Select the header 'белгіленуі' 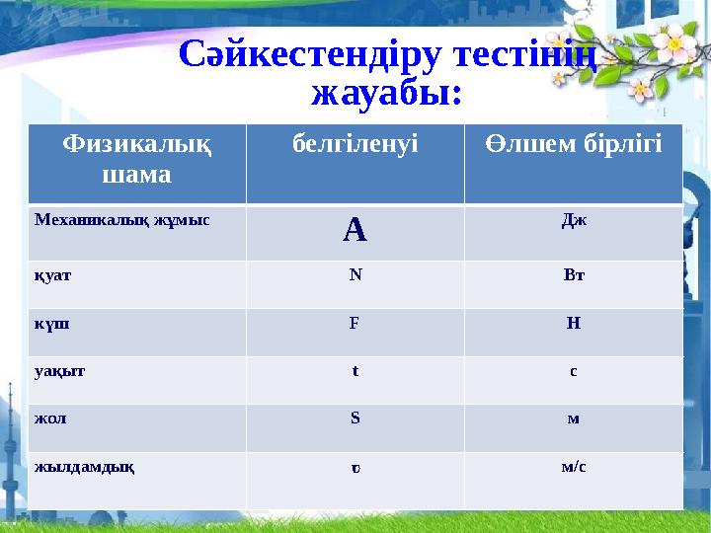pyautogui.click(x=355, y=145)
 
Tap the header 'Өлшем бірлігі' pyautogui.click(x=574, y=145)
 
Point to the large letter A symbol pyautogui.click(x=355, y=231)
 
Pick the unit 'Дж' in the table pyautogui.click(x=573, y=218)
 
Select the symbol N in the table pyautogui.click(x=355, y=274)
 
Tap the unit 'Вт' pyautogui.click(x=573, y=274)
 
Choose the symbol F pyautogui.click(x=354, y=322)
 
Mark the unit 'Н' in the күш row pyautogui.click(x=573, y=322)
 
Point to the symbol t pyautogui.click(x=355, y=370)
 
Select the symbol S pyautogui.click(x=355, y=418)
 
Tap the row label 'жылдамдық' pyautogui.click(x=84, y=466)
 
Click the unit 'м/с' pyautogui.click(x=573, y=465)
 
